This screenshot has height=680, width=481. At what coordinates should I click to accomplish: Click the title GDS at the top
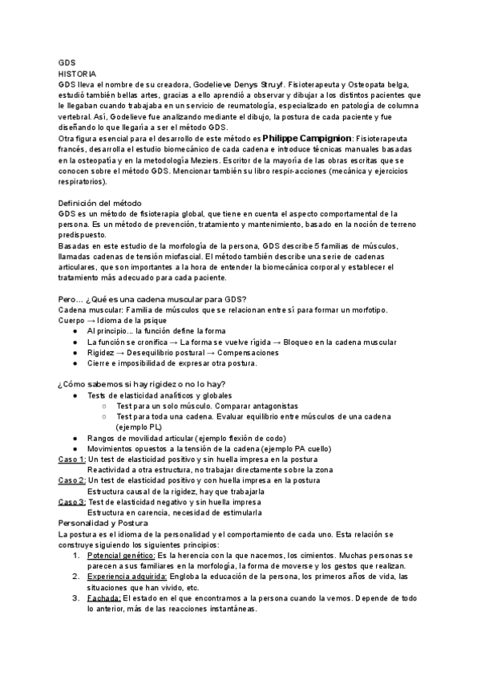(x=67, y=61)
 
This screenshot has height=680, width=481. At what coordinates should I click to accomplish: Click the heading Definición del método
(x=107, y=203)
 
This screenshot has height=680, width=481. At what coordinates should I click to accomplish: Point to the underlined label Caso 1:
(x=72, y=459)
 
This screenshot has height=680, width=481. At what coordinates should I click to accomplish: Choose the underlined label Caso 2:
(x=72, y=480)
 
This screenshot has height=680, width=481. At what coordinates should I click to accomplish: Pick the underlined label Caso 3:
(x=72, y=502)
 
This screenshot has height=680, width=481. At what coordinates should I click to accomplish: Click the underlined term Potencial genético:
(x=121, y=555)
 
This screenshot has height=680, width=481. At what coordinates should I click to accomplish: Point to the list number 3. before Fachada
(x=77, y=598)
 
